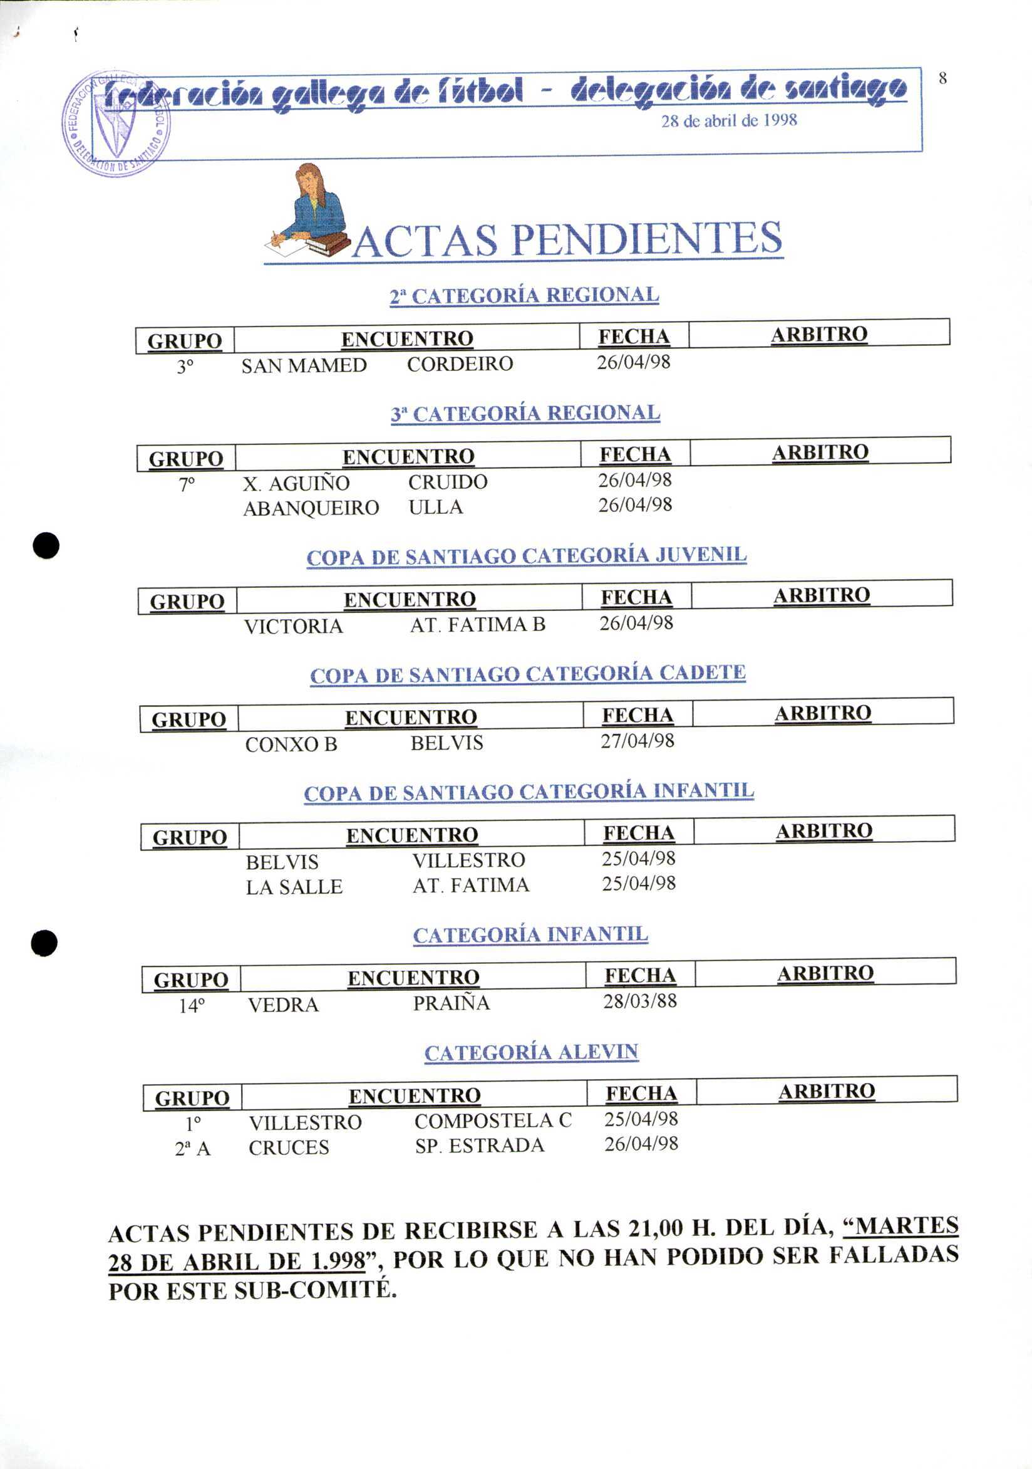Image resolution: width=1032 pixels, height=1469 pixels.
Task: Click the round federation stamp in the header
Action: pos(116,123)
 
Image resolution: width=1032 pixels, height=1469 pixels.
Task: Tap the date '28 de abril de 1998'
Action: pos(729,120)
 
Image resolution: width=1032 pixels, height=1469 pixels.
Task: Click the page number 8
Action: pos(942,79)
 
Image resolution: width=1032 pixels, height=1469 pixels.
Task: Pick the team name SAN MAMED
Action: pos(304,365)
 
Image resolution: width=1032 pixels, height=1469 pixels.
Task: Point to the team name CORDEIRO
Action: pos(460,364)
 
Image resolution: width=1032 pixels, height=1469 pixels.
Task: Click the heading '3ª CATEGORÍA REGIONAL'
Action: pos(525,414)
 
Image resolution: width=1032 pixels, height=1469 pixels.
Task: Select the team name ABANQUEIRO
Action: pos(311,508)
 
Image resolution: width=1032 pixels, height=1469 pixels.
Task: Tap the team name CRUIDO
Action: pos(448,482)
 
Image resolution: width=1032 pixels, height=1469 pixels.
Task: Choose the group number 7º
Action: pos(187,484)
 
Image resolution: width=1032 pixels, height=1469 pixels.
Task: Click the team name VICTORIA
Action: pos(294,625)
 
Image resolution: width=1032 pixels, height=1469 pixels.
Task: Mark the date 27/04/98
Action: pos(637,741)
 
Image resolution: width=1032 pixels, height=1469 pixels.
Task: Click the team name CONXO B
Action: pos(291,744)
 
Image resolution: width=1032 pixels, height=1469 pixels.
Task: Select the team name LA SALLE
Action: pos(294,887)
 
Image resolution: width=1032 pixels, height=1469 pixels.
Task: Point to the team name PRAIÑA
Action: pos(451,1003)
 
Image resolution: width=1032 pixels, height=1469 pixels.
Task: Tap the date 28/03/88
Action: pos(639,1001)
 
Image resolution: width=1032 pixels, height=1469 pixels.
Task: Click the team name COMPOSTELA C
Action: pos(493,1121)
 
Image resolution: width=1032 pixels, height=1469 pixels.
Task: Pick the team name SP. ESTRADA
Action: pos(479,1146)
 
